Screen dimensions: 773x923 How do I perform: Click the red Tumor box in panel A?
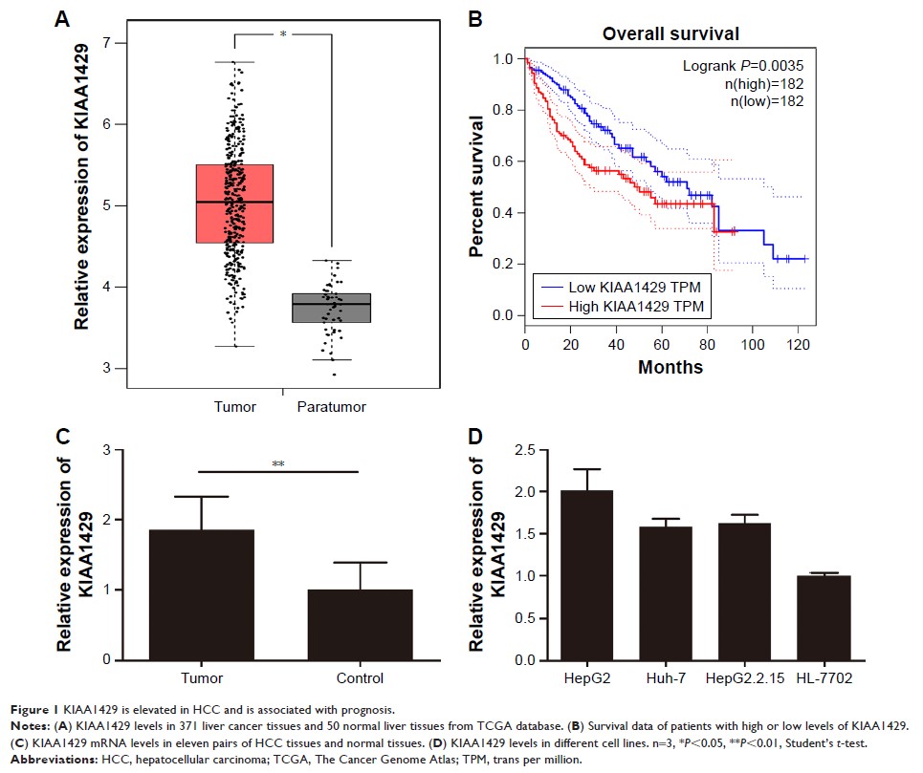[234, 204]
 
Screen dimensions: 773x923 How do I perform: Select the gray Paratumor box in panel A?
[331, 308]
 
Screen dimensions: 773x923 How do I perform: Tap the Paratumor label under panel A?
[331, 406]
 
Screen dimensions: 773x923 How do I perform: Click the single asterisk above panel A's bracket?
[282, 33]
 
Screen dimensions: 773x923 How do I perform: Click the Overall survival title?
[670, 34]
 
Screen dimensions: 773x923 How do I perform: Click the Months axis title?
[670, 367]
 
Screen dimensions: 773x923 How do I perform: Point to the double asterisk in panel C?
[278, 465]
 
